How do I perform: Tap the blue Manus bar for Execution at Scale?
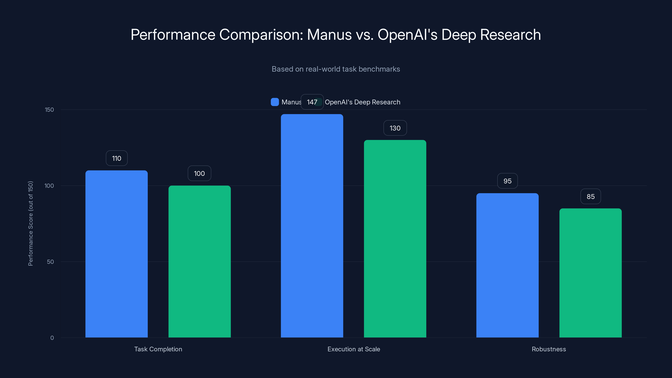(x=312, y=226)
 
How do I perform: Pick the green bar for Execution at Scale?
(x=395, y=239)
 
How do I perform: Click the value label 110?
(x=117, y=158)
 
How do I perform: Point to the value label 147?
(x=312, y=102)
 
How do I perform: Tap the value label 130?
(x=395, y=128)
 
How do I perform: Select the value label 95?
(x=507, y=181)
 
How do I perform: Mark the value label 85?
(x=591, y=196)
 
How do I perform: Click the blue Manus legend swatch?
(x=275, y=102)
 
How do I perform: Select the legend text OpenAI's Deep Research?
(x=362, y=102)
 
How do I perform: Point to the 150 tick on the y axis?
(x=49, y=110)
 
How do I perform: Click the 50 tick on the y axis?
(x=50, y=262)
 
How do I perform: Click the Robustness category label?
(x=549, y=349)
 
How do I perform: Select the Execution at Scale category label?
(x=353, y=349)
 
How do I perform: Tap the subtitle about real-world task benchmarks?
(x=336, y=69)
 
